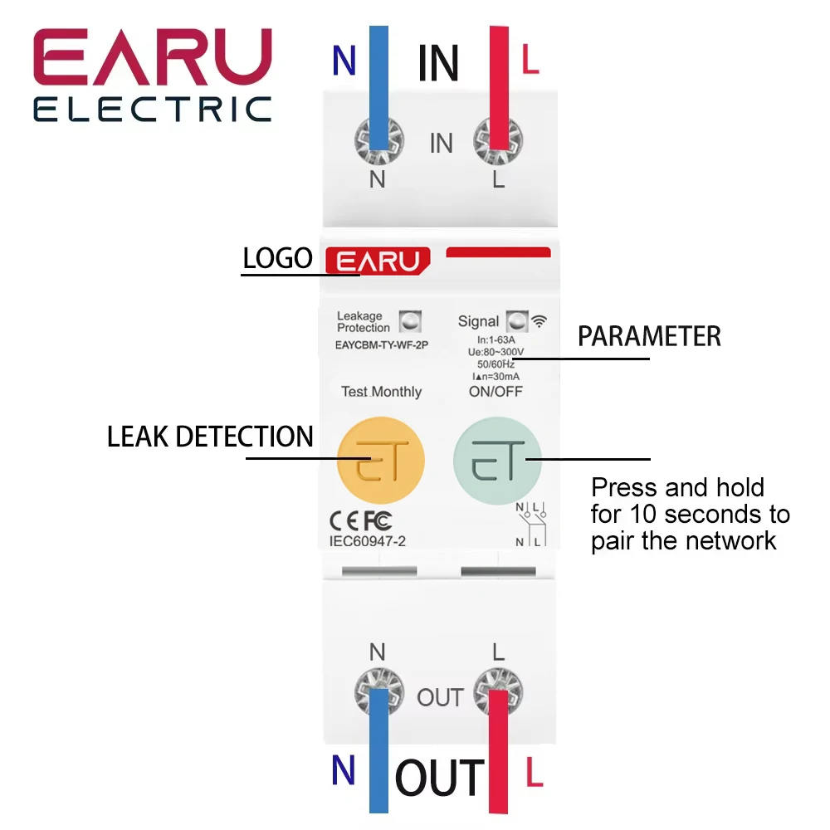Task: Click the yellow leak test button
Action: pyautogui.click(x=381, y=460)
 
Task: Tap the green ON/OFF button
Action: pyautogui.click(x=497, y=460)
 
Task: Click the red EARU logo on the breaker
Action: pyautogui.click(x=378, y=261)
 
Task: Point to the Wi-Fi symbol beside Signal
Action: pyautogui.click(x=539, y=320)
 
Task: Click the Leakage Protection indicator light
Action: pyautogui.click(x=410, y=321)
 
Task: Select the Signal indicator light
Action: pyautogui.click(x=517, y=321)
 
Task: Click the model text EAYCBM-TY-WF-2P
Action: pyautogui.click(x=382, y=345)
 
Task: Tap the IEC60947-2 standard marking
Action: pyautogui.click(x=368, y=541)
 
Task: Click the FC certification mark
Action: pyautogui.click(x=378, y=521)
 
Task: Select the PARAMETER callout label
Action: pyautogui.click(x=649, y=336)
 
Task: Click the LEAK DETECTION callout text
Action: pyautogui.click(x=210, y=437)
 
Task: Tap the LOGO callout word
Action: pyautogui.click(x=277, y=258)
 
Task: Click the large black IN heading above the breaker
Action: pyautogui.click(x=437, y=63)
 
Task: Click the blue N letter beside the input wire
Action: pyautogui.click(x=344, y=61)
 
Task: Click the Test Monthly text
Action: pyautogui.click(x=382, y=392)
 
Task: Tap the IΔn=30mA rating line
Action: pyautogui.click(x=496, y=376)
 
